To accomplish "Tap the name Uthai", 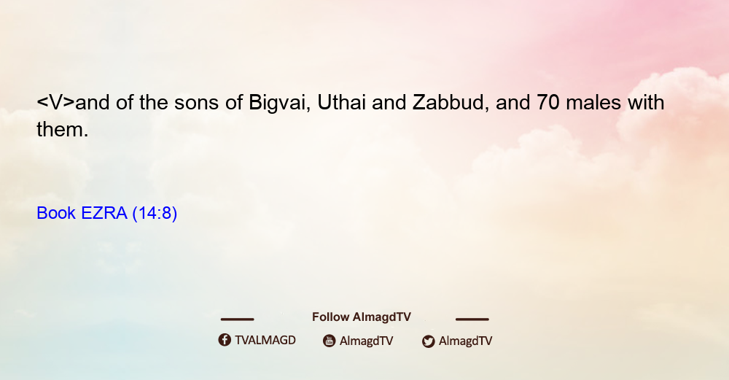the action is pos(341,102).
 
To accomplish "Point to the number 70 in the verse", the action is pos(547,102).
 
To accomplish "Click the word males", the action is pos(593,102).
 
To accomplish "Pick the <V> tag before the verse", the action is pos(56,102).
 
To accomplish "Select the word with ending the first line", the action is pos(646,102).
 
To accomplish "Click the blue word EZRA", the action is pos(104,213).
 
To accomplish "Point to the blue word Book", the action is pos(56,213).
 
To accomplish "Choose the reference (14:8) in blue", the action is pos(155,213).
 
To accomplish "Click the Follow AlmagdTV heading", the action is pos(362,317).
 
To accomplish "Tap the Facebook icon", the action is pos(225,340).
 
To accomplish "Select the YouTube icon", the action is pos(330,341).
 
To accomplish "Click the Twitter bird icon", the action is pos(429,341).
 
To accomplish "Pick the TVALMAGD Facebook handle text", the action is pos(265,341).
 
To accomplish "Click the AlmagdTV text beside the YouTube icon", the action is pos(367,341).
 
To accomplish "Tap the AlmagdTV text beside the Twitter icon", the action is pos(465,341).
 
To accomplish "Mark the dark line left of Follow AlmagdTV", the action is pos(237,319).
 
